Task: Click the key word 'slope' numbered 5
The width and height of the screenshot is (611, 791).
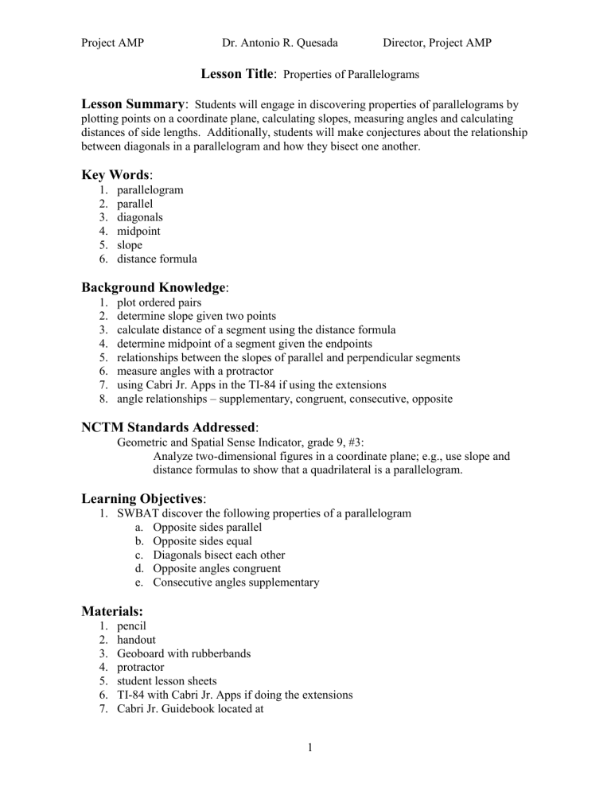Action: pyautogui.click(x=131, y=246)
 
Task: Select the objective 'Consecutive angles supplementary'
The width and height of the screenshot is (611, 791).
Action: pyautogui.click(x=236, y=583)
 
